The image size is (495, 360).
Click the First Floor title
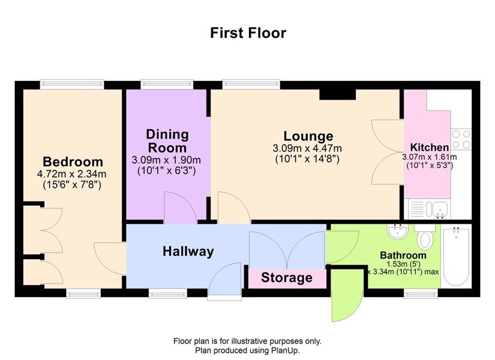point(248,33)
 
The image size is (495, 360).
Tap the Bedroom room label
point(73,161)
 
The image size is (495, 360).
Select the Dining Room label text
point(167,141)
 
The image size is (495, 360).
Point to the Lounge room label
point(308,136)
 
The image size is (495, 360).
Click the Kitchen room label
point(430,147)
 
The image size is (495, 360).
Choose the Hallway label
point(188,251)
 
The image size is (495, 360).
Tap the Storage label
point(287,278)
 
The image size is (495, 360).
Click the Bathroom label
point(403,255)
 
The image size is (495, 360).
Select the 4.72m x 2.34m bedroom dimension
point(71,174)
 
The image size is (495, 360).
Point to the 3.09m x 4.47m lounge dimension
point(307,148)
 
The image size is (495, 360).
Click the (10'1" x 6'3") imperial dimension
point(167,171)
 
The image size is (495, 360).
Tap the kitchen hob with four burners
point(461,139)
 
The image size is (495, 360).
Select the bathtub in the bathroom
point(456,256)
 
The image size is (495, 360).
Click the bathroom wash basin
point(397,232)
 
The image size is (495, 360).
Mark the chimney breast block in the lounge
point(337,94)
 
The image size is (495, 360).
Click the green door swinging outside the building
point(347,295)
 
